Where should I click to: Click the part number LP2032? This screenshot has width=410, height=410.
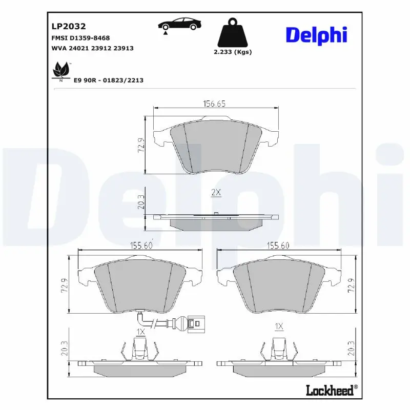tap(68, 26)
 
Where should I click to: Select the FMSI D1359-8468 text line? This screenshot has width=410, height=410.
tap(80, 38)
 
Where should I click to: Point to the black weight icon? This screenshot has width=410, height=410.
tap(232, 33)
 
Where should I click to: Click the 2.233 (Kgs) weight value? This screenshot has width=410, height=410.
tap(232, 52)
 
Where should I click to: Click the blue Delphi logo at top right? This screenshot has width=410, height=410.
tap(316, 35)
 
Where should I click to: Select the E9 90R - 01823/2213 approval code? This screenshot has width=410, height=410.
tap(108, 80)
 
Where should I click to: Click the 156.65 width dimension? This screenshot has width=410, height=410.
tap(214, 104)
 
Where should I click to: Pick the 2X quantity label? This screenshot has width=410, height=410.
tap(216, 192)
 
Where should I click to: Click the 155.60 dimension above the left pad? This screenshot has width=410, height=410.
tap(141, 245)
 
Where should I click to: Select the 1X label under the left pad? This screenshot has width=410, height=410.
tap(141, 332)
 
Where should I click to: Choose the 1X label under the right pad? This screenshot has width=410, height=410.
tap(279, 326)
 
